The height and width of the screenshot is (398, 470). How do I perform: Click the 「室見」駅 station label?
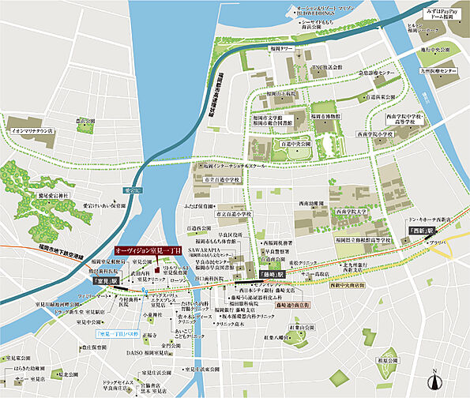click(104, 281)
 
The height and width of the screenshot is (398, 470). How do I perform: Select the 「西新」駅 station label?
click(401, 231)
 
